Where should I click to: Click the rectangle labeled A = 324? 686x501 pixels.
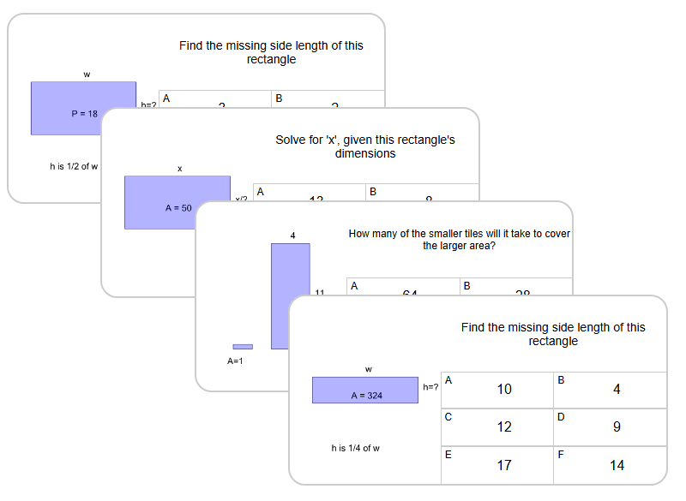[x=365, y=390]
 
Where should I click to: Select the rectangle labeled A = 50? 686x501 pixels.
[x=177, y=202]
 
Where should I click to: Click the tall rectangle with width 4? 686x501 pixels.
[x=291, y=296]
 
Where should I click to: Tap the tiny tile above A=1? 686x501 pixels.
[x=243, y=347]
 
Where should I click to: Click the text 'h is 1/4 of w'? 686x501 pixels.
[x=356, y=448]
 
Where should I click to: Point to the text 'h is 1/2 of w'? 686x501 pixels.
[x=74, y=166]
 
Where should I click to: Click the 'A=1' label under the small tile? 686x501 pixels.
[x=236, y=361]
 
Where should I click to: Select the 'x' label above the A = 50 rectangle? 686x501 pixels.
[x=179, y=169]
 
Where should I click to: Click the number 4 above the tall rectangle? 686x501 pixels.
[x=292, y=236]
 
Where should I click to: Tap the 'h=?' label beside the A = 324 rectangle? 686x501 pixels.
[x=430, y=387]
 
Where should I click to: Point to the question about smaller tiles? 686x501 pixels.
[x=460, y=239]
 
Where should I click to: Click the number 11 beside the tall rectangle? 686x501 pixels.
[x=319, y=293]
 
